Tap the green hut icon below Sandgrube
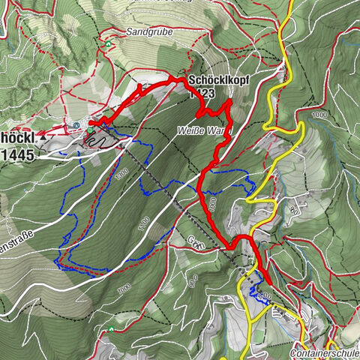(109, 43)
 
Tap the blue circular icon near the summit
(77, 124)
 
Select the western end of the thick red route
(91, 123)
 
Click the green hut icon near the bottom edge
(112, 328)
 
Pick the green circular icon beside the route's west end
(90, 130)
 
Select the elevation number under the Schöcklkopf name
(204, 94)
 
